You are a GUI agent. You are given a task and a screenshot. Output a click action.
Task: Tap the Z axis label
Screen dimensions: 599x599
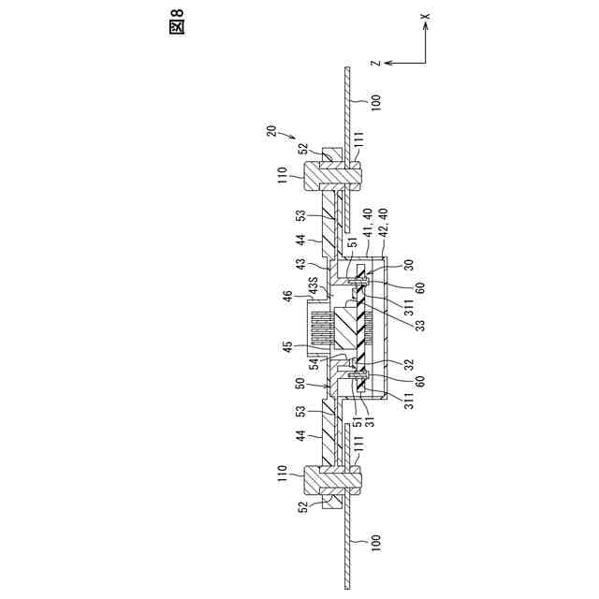point(373,64)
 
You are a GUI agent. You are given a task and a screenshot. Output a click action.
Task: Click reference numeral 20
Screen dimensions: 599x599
point(271,132)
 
